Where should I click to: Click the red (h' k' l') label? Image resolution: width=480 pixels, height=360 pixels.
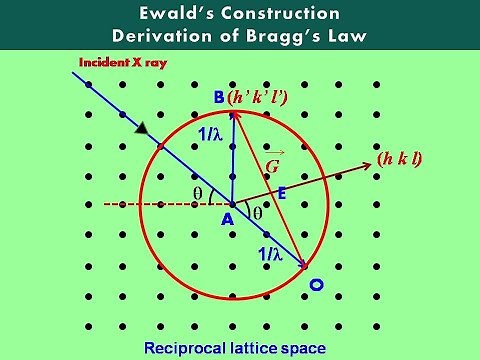coord(259,98)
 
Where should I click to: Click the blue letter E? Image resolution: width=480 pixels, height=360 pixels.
coord(281,196)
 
